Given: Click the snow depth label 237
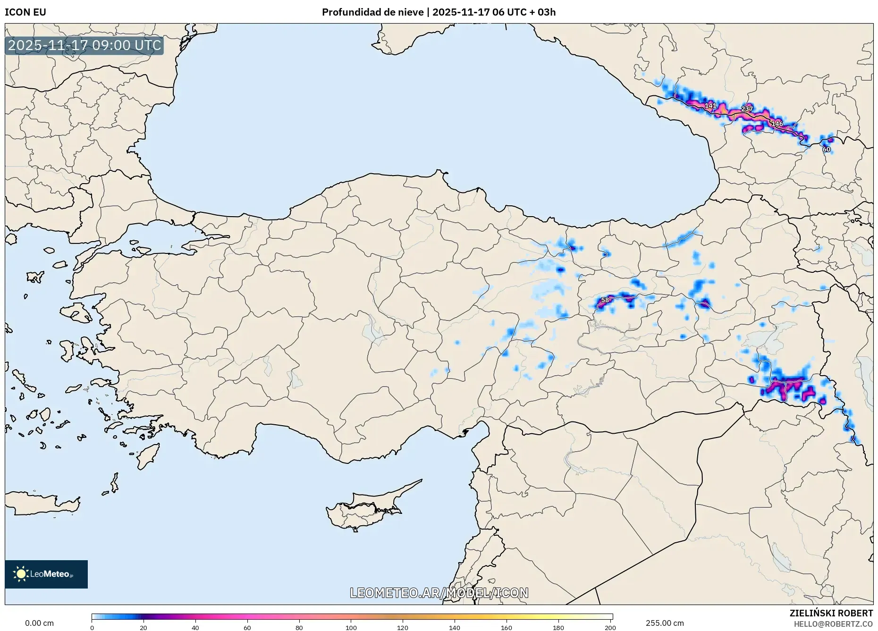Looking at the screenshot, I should click(747, 109).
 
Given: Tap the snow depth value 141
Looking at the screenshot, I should click(710, 105).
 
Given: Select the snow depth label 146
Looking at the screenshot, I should click(777, 124).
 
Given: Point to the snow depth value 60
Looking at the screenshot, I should click(826, 149).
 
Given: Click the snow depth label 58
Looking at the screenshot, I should click(605, 300).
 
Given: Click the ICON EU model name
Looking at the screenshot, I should click(25, 12).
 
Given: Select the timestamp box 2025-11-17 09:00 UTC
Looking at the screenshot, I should click(84, 45).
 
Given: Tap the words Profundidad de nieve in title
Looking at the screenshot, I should click(372, 12).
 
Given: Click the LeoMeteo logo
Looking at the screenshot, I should click(46, 574).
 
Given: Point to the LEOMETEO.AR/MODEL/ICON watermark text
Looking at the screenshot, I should click(439, 593).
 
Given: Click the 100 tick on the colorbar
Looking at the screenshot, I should click(351, 627).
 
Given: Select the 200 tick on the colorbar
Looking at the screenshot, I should click(610, 627).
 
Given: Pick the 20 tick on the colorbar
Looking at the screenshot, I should click(144, 627).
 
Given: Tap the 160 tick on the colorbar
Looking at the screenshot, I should click(506, 627).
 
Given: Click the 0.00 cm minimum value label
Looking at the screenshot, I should click(39, 623).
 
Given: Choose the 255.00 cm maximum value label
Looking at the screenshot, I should click(665, 623).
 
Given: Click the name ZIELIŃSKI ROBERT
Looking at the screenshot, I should click(831, 613).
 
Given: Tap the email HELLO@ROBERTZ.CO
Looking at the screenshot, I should click(833, 624).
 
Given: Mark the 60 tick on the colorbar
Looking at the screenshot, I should click(247, 627).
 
